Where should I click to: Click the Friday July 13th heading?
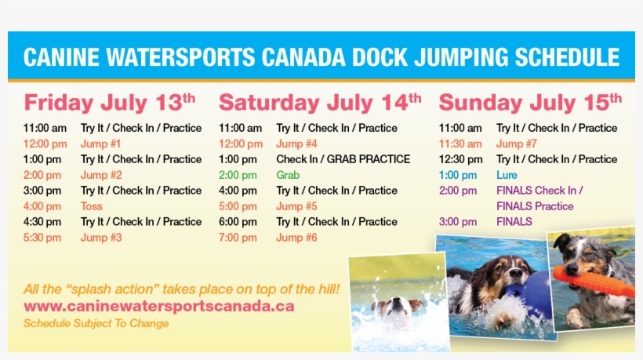[x=109, y=103]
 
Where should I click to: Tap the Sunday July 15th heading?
[x=530, y=103]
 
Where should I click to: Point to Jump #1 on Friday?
[x=100, y=144]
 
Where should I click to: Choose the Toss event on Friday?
[x=92, y=206]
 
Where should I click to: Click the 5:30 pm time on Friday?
[x=45, y=238]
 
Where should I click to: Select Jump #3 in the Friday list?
[x=100, y=238]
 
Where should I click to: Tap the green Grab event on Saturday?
[x=288, y=175]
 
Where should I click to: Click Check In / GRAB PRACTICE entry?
[x=343, y=159]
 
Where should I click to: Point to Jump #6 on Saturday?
[x=296, y=238]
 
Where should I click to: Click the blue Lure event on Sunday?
[x=507, y=175]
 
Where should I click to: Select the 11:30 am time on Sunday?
[x=460, y=144]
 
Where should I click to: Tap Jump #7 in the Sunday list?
[x=517, y=144]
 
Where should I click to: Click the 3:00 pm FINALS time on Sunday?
[x=458, y=222]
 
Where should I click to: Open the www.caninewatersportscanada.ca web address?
[x=158, y=306]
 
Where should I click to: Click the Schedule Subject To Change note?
[x=96, y=323]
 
